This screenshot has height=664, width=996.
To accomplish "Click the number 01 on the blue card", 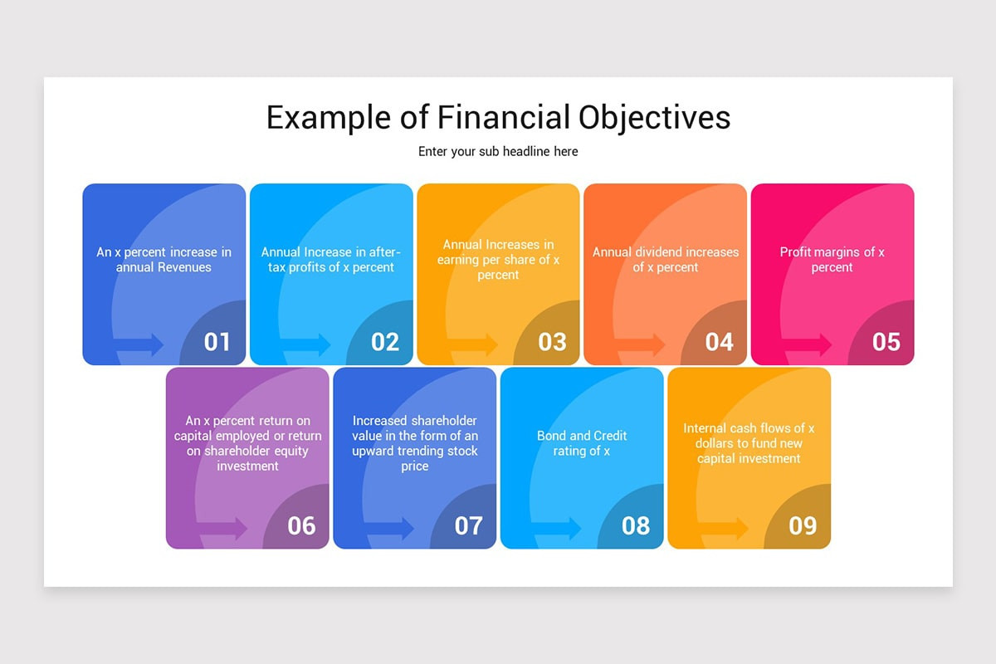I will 217,342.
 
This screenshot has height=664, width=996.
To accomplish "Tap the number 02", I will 384,342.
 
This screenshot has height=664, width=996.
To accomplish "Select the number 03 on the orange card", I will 552,342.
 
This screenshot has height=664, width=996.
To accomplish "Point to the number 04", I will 719,342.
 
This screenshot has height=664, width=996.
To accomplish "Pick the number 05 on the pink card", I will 886,342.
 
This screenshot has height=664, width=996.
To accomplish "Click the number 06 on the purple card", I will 301,525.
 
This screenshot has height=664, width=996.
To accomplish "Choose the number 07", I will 468,525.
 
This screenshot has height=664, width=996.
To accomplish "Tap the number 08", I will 635,525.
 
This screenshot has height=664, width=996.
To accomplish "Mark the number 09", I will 803,525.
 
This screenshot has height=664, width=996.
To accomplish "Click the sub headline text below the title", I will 498,151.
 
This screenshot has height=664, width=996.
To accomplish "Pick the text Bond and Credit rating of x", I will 582,443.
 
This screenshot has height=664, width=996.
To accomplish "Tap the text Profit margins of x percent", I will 832,260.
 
